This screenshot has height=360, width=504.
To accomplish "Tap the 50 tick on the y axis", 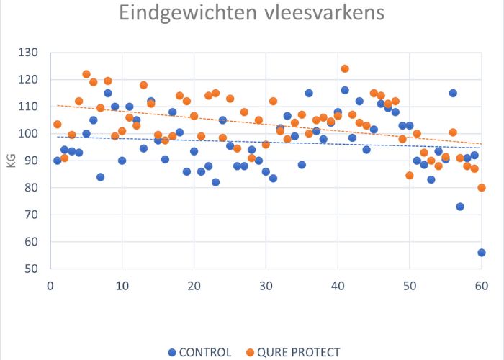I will [x=32, y=269].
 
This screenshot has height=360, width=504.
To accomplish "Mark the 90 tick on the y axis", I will [x=32, y=161].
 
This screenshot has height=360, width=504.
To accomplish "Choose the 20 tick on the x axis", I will [x=194, y=286].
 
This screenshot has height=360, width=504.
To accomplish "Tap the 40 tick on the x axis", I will [x=338, y=286].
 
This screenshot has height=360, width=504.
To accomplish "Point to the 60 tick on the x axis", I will [x=482, y=286].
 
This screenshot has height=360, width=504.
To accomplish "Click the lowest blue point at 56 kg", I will [x=482, y=253].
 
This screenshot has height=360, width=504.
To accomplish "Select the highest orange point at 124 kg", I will [x=345, y=69].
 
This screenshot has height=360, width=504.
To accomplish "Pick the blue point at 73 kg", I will [x=460, y=207].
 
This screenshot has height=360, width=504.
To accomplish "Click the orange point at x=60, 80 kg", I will [x=482, y=188].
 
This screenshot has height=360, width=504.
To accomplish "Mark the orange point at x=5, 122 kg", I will [x=86, y=74].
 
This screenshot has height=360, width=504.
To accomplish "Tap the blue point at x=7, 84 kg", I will [x=100, y=177].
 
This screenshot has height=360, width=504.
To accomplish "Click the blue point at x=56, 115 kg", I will [x=453, y=93].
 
